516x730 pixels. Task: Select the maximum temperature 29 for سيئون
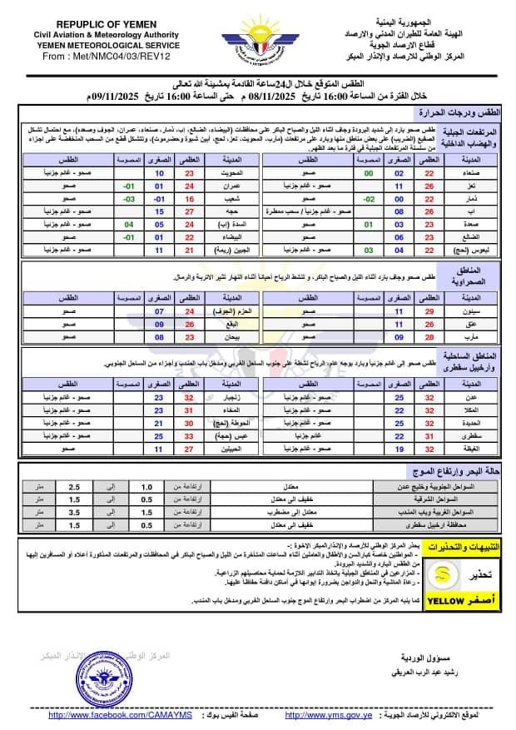430,310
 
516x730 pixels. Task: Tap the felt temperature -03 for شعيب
129,200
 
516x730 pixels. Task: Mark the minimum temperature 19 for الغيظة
399,449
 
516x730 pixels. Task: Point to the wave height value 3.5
97,513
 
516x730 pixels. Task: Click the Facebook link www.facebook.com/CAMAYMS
121,715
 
